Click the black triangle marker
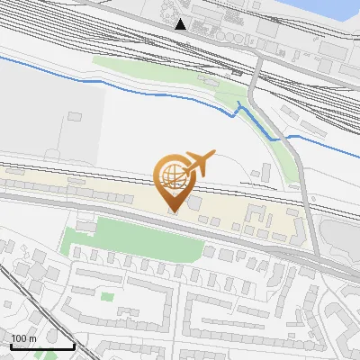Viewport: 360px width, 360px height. [x=181, y=23]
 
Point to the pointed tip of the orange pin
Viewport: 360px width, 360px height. [x=174, y=212]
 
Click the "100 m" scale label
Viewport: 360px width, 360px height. [x=24, y=338]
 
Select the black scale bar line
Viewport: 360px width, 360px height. [x=42, y=346]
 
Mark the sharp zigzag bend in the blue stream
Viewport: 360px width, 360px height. [x=239, y=108]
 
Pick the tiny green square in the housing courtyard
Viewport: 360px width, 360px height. [x=108, y=296]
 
